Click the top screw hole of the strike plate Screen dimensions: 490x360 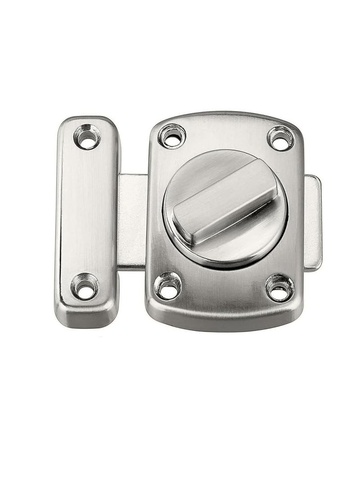click(87, 137)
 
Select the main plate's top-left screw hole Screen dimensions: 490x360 click(171, 136)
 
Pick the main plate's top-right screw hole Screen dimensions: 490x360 click(280, 138)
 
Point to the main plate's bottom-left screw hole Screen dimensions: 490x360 click(168, 286)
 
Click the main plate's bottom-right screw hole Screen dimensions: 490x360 click(279, 287)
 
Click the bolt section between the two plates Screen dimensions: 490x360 click(132, 220)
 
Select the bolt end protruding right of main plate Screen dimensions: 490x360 click(312, 223)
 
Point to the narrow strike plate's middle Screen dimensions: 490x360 click(86, 211)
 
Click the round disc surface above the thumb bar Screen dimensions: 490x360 click(202, 171)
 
